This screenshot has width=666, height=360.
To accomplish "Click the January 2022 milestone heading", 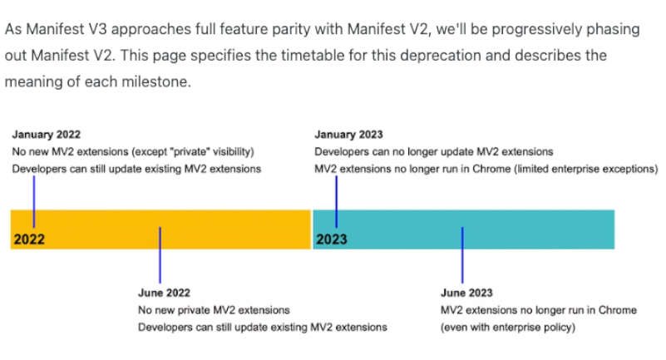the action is coord(47,135).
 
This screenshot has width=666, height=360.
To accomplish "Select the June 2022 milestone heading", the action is coord(164,293).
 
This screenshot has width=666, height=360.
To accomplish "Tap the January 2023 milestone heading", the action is coord(348,135).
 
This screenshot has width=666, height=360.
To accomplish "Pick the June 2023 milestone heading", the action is coord(466,293).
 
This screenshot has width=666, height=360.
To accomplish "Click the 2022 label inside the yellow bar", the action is coord(29,239).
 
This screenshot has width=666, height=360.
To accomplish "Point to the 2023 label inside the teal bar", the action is coord(331,239).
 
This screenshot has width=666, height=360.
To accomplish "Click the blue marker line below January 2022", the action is coord(34,202).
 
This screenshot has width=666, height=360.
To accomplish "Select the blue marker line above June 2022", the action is coord(160,254).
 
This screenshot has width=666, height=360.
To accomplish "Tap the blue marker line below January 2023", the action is coord(337,202).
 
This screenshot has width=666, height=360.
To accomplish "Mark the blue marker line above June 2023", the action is coord(462,254).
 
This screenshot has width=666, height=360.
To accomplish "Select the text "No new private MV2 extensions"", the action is coord(214,310).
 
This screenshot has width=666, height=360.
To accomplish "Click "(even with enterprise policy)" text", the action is coord(508,328).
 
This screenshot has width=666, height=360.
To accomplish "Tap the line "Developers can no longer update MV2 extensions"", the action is coord(434,152).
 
